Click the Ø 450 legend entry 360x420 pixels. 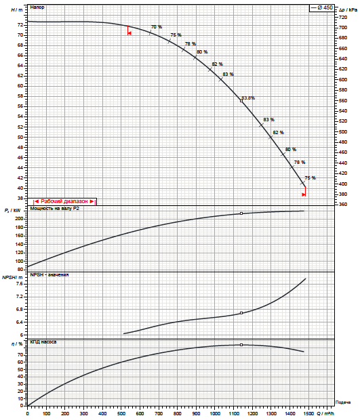[x=321, y=7]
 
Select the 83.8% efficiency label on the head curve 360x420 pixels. [x=249, y=98]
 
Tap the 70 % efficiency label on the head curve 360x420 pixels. [x=157, y=27]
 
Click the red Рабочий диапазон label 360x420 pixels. [x=64, y=201]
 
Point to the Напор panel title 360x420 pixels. [x=37, y=7]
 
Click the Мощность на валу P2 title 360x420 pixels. [x=55, y=209]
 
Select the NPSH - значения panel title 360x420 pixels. [x=49, y=275]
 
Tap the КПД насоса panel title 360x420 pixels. [x=43, y=342]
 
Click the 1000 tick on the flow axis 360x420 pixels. [x=215, y=414]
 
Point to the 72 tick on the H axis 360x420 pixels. [x=20, y=25]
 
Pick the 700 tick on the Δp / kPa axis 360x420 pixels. [x=343, y=27]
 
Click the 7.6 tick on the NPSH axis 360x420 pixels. [x=20, y=284]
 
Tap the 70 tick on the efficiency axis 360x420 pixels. [x=20, y=355]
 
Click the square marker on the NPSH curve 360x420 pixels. [x=241, y=313]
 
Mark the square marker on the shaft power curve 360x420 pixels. [x=241, y=213]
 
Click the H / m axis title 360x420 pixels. [x=17, y=10]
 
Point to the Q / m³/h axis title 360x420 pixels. [x=325, y=414]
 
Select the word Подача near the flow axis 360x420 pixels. [x=343, y=402]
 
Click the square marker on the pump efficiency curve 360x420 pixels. [x=241, y=345]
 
